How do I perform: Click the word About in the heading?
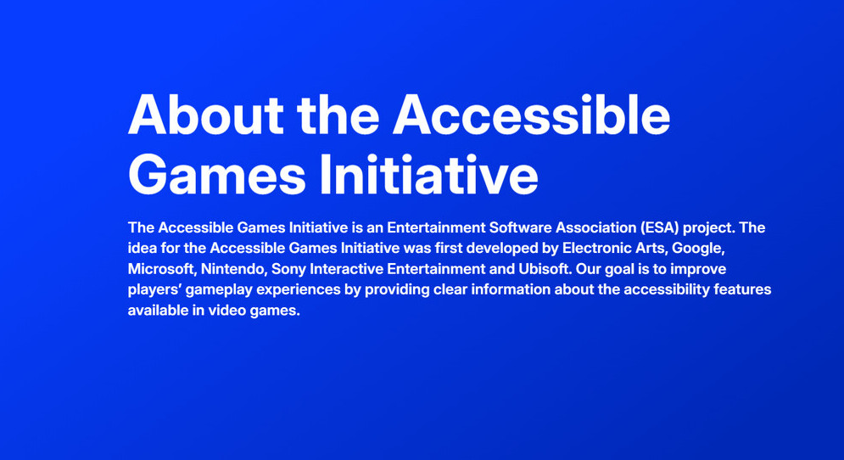click(205, 115)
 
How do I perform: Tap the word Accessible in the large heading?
click(531, 115)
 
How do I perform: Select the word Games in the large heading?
click(217, 175)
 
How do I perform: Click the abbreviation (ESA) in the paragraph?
click(659, 227)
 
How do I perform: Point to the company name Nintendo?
click(234, 269)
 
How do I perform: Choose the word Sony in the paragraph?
click(288, 269)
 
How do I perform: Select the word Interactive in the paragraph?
click(346, 269)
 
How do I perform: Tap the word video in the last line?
click(227, 311)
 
